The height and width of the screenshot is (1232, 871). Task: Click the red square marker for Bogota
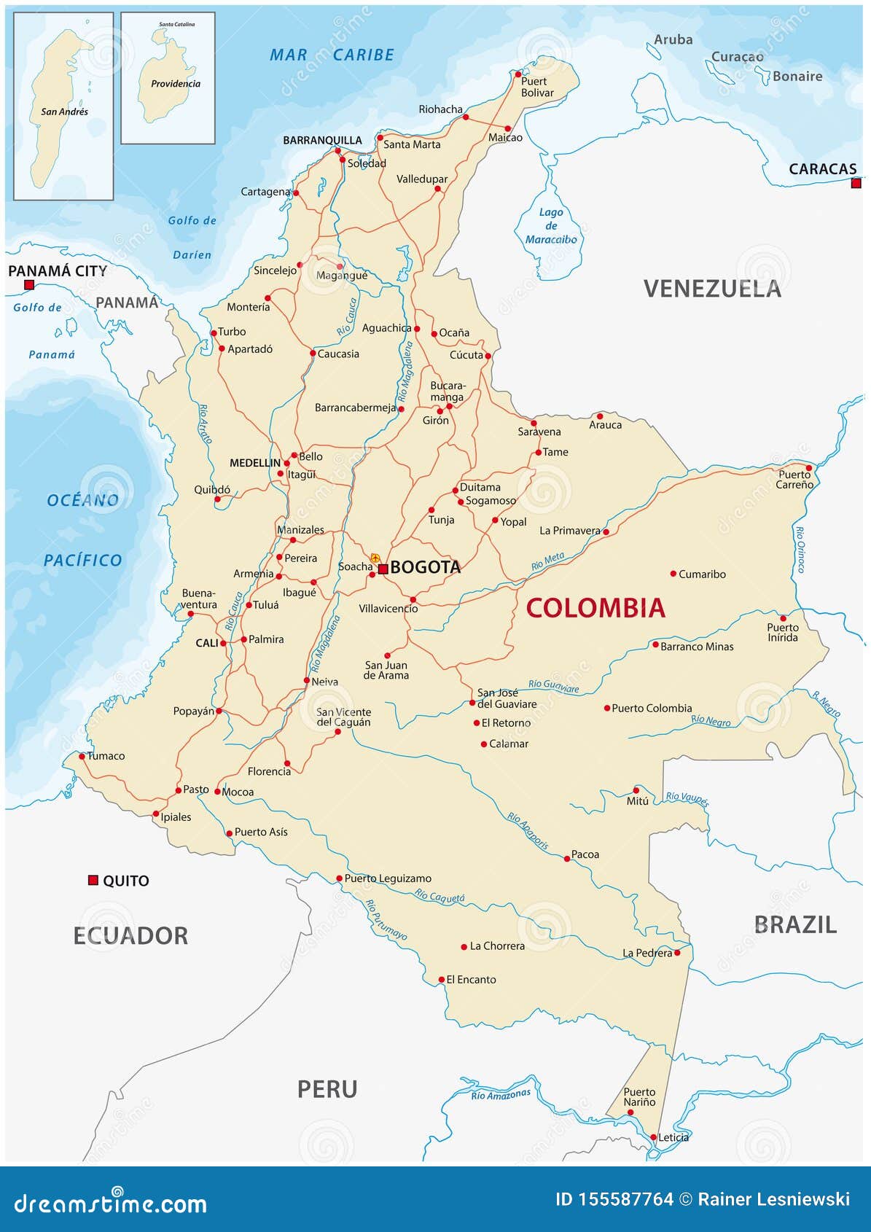pyautogui.click(x=383, y=569)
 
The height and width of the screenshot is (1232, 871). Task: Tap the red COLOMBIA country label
pyautogui.click(x=595, y=608)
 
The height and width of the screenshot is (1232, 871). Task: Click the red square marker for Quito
pyautogui.click(x=93, y=880)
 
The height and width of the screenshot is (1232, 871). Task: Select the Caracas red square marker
pyautogui.click(x=856, y=183)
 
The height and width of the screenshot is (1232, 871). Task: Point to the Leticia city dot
pyautogui.click(x=654, y=1137)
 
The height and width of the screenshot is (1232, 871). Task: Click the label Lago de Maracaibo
pyautogui.click(x=551, y=225)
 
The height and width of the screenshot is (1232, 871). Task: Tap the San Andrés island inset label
pyautogui.click(x=64, y=112)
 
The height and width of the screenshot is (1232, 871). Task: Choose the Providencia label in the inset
pyautogui.click(x=176, y=84)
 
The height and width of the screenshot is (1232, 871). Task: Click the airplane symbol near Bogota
pyautogui.click(x=375, y=558)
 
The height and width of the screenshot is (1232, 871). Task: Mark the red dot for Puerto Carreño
pyautogui.click(x=808, y=468)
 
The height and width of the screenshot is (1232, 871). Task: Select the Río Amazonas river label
pyautogui.click(x=501, y=1094)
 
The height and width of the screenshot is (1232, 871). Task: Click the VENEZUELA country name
pyautogui.click(x=712, y=289)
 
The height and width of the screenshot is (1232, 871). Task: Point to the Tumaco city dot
pyautogui.click(x=82, y=756)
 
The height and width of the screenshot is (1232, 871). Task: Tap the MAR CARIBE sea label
pyautogui.click(x=332, y=55)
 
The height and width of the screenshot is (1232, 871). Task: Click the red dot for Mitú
pyautogui.click(x=636, y=790)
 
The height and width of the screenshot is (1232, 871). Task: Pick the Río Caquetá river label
pyautogui.click(x=440, y=897)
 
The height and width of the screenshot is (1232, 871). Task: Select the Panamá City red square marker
pyautogui.click(x=29, y=285)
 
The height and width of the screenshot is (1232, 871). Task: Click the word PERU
pyautogui.click(x=327, y=1089)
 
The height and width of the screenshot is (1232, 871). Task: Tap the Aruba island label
pyautogui.click(x=673, y=39)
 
